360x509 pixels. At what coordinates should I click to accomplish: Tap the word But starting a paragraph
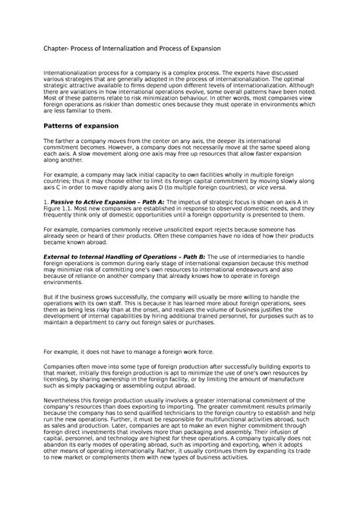[x=48, y=298]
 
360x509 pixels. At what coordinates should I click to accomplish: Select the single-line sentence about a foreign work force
[x=110, y=352]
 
